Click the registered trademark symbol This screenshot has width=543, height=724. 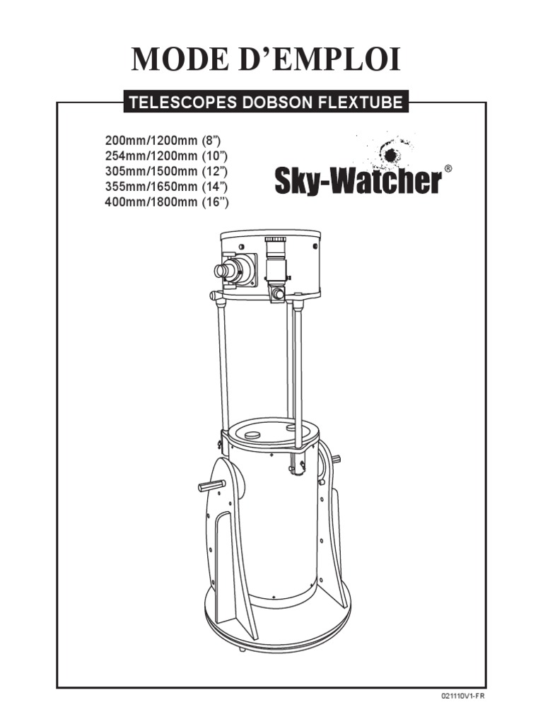pyautogui.click(x=448, y=170)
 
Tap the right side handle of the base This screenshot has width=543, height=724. pyautogui.click(x=336, y=460)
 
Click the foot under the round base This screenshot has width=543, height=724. pyautogui.click(x=242, y=648)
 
